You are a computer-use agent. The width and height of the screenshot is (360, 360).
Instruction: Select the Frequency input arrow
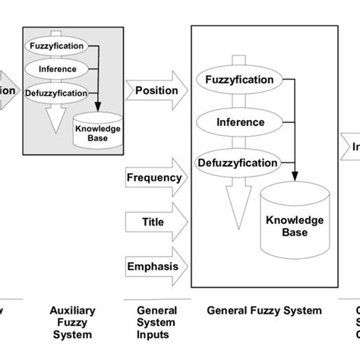[x=155, y=178]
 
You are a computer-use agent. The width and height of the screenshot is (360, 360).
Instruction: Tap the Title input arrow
[x=155, y=223]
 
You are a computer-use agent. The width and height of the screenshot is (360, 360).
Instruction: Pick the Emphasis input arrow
[x=155, y=266]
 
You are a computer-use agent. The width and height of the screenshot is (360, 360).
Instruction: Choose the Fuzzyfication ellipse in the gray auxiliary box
[x=58, y=46]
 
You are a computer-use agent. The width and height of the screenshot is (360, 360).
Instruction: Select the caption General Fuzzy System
[x=264, y=311]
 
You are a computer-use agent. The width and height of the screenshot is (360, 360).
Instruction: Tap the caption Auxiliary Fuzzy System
[x=71, y=322]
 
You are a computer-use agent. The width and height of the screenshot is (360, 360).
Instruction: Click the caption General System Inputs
[x=156, y=322]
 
